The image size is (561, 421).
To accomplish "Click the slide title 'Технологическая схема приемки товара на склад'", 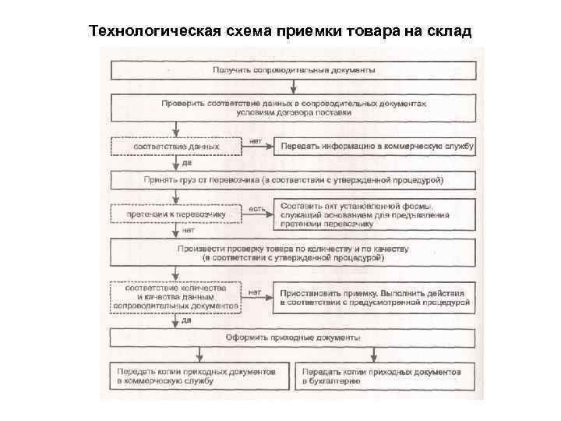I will click(x=280, y=31).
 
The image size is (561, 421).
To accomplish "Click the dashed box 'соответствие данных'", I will click(x=176, y=146).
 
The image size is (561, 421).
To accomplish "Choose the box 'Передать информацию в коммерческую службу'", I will click(x=374, y=146).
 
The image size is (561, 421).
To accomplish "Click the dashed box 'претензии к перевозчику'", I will click(x=176, y=213).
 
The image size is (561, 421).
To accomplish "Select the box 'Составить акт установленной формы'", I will click(x=374, y=214).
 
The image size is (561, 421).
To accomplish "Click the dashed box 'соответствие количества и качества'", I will click(x=176, y=297).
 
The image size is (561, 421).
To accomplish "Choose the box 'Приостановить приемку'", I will click(x=374, y=297).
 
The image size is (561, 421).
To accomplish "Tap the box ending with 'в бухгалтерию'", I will click(x=386, y=377).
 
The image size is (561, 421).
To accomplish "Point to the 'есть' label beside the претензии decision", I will click(x=256, y=208).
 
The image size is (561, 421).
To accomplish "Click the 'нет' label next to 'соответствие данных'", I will click(x=255, y=141).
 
